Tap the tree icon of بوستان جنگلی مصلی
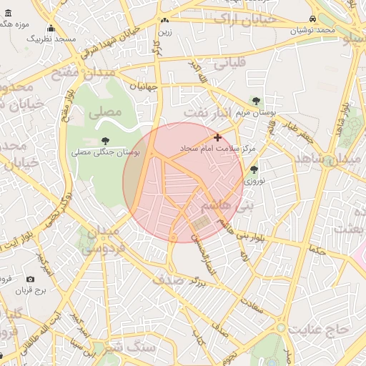tap(106, 141)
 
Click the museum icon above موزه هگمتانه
tap(8, 14)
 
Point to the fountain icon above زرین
tap(165, 21)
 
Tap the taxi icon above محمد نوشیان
tap(313, 19)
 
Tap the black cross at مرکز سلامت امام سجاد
tap(218, 137)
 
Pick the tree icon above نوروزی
tap(254, 169)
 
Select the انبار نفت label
tap(207, 112)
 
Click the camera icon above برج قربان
tap(30, 280)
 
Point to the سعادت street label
tap(254, 307)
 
